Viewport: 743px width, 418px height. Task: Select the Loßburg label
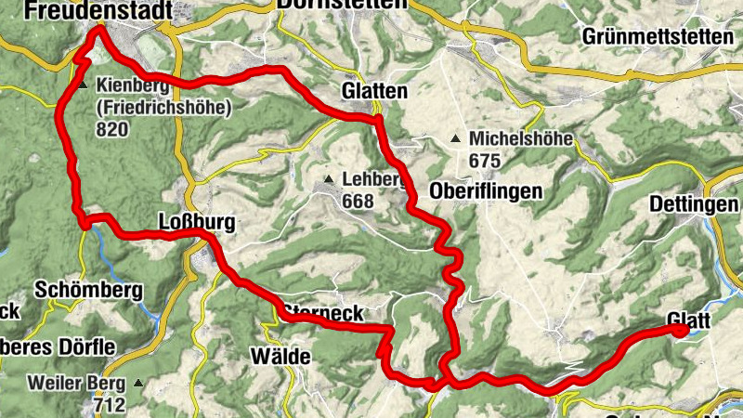click(184, 223)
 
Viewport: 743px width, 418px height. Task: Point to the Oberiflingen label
click(486, 191)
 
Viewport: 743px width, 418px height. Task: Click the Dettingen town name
click(695, 204)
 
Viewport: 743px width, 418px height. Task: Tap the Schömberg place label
click(89, 290)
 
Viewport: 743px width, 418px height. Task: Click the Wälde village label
click(279, 356)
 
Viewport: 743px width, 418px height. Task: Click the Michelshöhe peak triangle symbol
click(456, 140)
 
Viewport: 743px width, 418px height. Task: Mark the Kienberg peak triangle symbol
click(83, 85)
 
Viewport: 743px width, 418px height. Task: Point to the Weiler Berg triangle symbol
click(138, 383)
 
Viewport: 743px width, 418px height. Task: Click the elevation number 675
click(485, 161)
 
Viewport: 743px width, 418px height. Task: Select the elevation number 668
click(357, 201)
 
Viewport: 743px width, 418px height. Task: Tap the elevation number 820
click(112, 128)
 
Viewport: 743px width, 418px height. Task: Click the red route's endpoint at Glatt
click(681, 330)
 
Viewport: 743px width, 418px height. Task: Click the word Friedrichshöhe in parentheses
click(163, 107)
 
